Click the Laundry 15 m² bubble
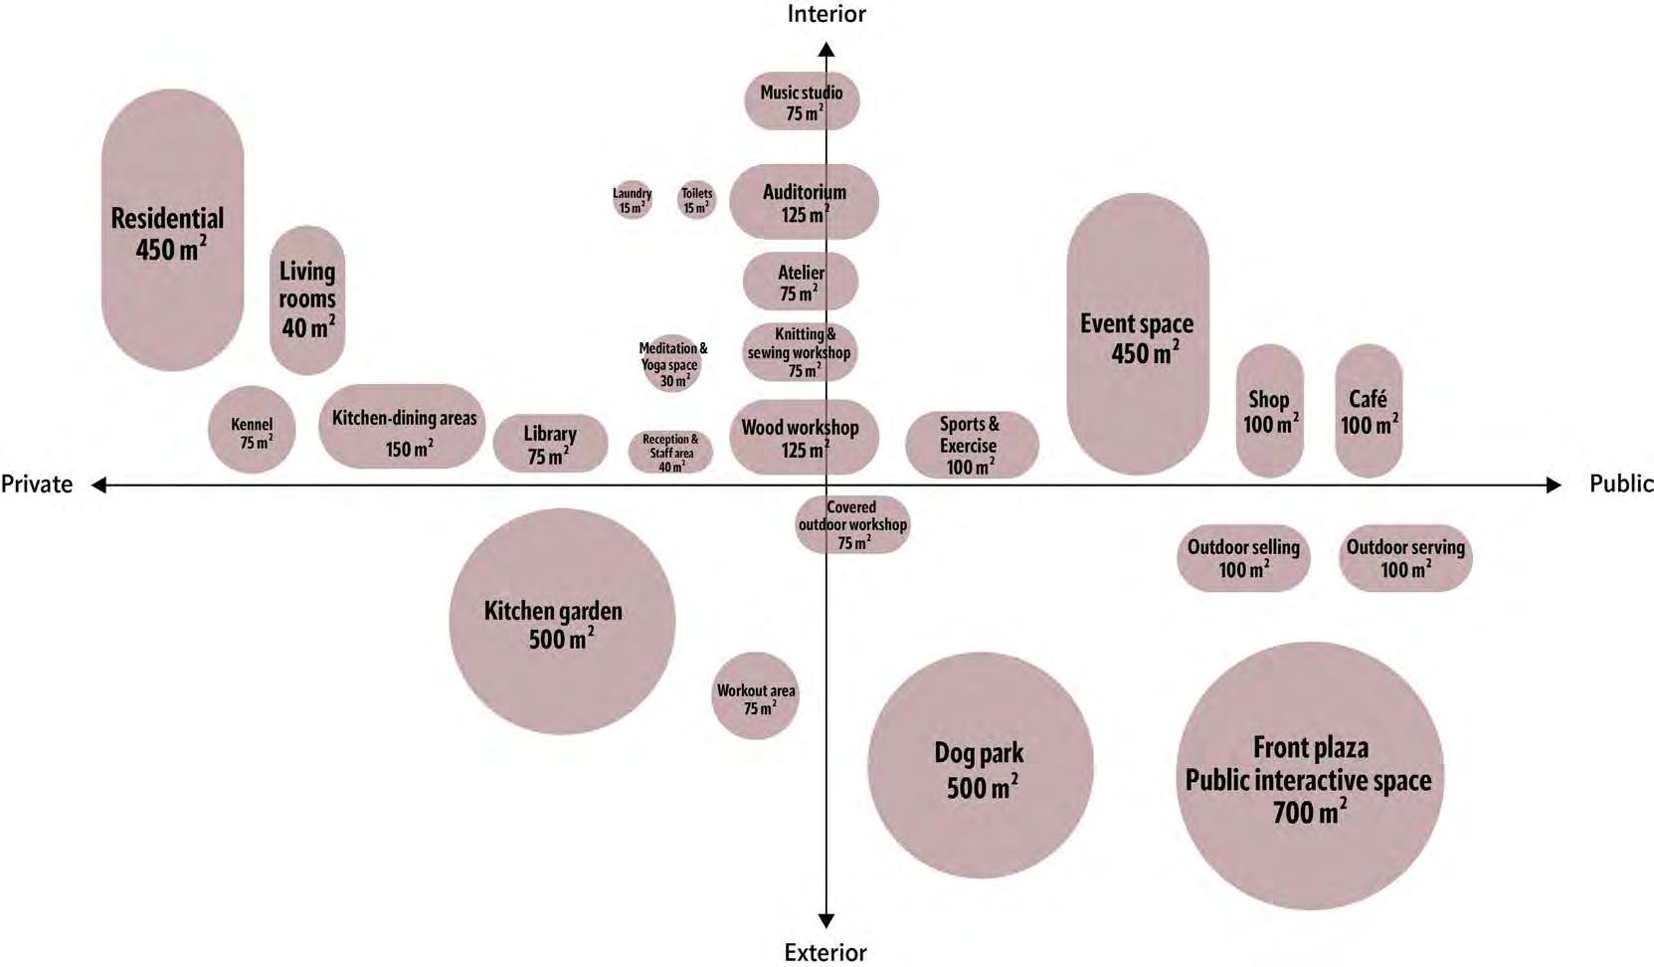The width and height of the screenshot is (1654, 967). (632, 200)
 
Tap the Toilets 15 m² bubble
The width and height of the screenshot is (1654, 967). (696, 200)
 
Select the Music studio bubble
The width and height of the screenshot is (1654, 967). (802, 101)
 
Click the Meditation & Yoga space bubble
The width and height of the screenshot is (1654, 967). (673, 364)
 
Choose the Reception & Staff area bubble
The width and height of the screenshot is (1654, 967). (670, 453)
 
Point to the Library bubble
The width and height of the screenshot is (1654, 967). (550, 444)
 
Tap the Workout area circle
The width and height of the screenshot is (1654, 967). (756, 696)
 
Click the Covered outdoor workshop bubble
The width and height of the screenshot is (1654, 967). (852, 524)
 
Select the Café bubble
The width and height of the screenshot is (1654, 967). (1369, 411)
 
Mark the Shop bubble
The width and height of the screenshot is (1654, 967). (1269, 411)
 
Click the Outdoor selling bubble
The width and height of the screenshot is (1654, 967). (1243, 558)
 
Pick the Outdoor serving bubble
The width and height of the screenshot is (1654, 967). (1405, 558)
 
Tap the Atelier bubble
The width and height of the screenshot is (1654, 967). (801, 282)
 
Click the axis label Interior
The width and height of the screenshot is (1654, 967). (827, 14)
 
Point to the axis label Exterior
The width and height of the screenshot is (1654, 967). (826, 952)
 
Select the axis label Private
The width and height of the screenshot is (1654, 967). (37, 484)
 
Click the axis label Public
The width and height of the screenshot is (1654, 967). (1621, 483)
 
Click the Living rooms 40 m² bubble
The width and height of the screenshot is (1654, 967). (307, 299)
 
